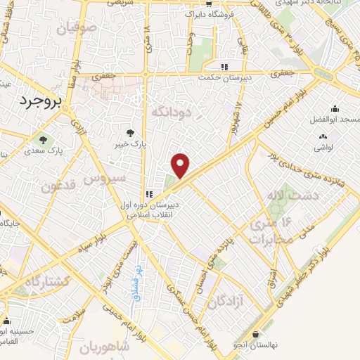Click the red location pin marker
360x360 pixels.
181,166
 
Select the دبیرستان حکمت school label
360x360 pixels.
224,79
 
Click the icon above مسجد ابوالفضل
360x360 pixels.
335,108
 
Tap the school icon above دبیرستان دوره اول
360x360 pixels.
148,194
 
